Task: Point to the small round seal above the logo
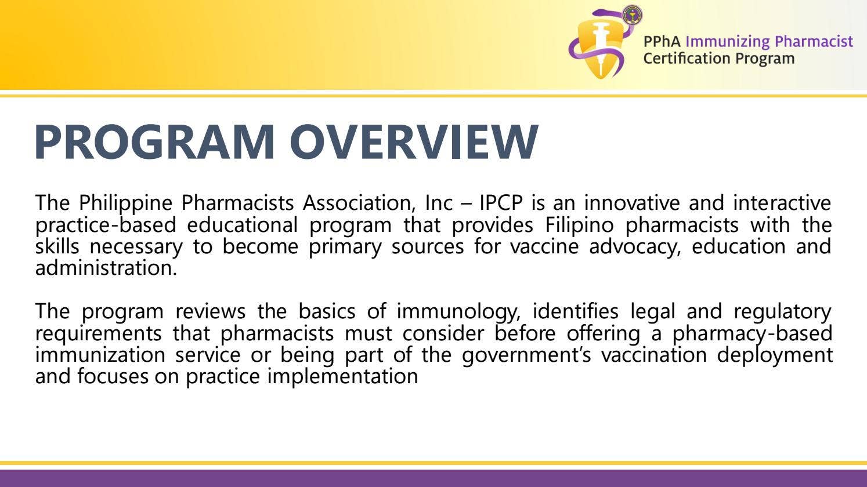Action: (x=632, y=14)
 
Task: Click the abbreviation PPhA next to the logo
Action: (x=662, y=42)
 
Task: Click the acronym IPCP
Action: (x=502, y=203)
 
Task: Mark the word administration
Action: (x=106, y=268)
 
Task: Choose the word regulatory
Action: (x=782, y=312)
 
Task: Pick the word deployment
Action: (x=774, y=355)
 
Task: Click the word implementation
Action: (x=342, y=377)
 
